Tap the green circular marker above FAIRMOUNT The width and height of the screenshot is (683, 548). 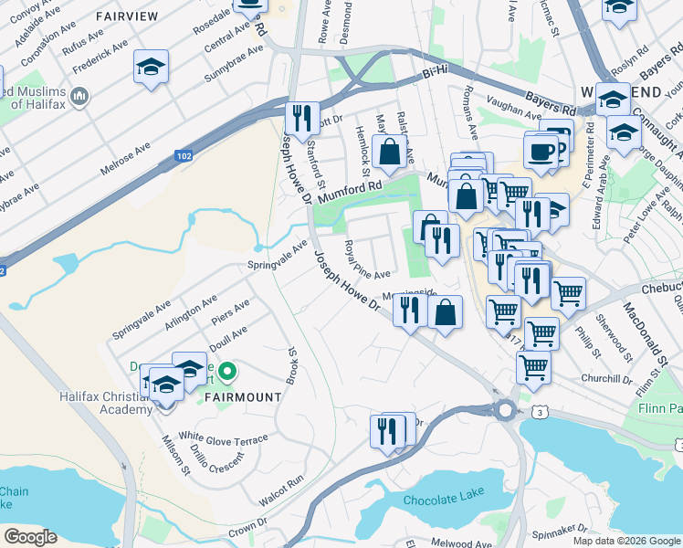[228, 372]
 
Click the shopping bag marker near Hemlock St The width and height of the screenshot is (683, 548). [390, 152]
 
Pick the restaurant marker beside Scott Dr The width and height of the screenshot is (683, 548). [299, 118]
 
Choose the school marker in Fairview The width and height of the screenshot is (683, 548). [151, 67]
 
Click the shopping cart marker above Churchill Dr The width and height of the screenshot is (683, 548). [533, 367]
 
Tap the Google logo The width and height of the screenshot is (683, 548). [30, 537]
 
